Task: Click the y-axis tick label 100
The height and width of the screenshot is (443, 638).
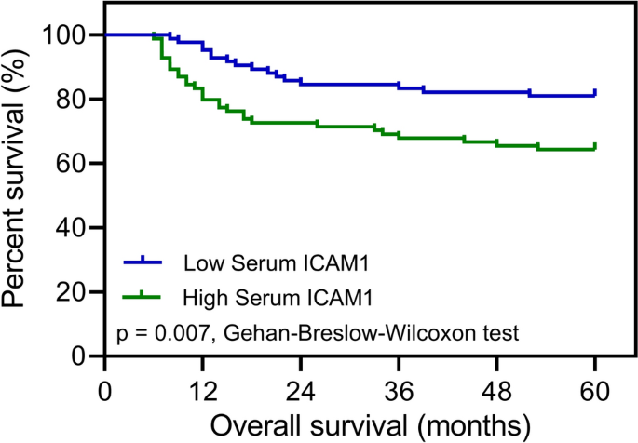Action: tap(64, 35)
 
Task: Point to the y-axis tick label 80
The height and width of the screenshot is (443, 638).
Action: tap(71, 100)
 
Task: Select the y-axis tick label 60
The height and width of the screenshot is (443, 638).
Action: tap(71, 164)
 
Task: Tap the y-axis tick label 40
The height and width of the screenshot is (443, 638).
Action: tap(71, 228)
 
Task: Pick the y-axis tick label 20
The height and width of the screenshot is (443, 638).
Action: tap(71, 292)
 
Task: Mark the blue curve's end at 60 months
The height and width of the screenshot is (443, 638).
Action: tap(595, 94)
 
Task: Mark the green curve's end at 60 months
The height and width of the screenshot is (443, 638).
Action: tap(595, 147)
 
